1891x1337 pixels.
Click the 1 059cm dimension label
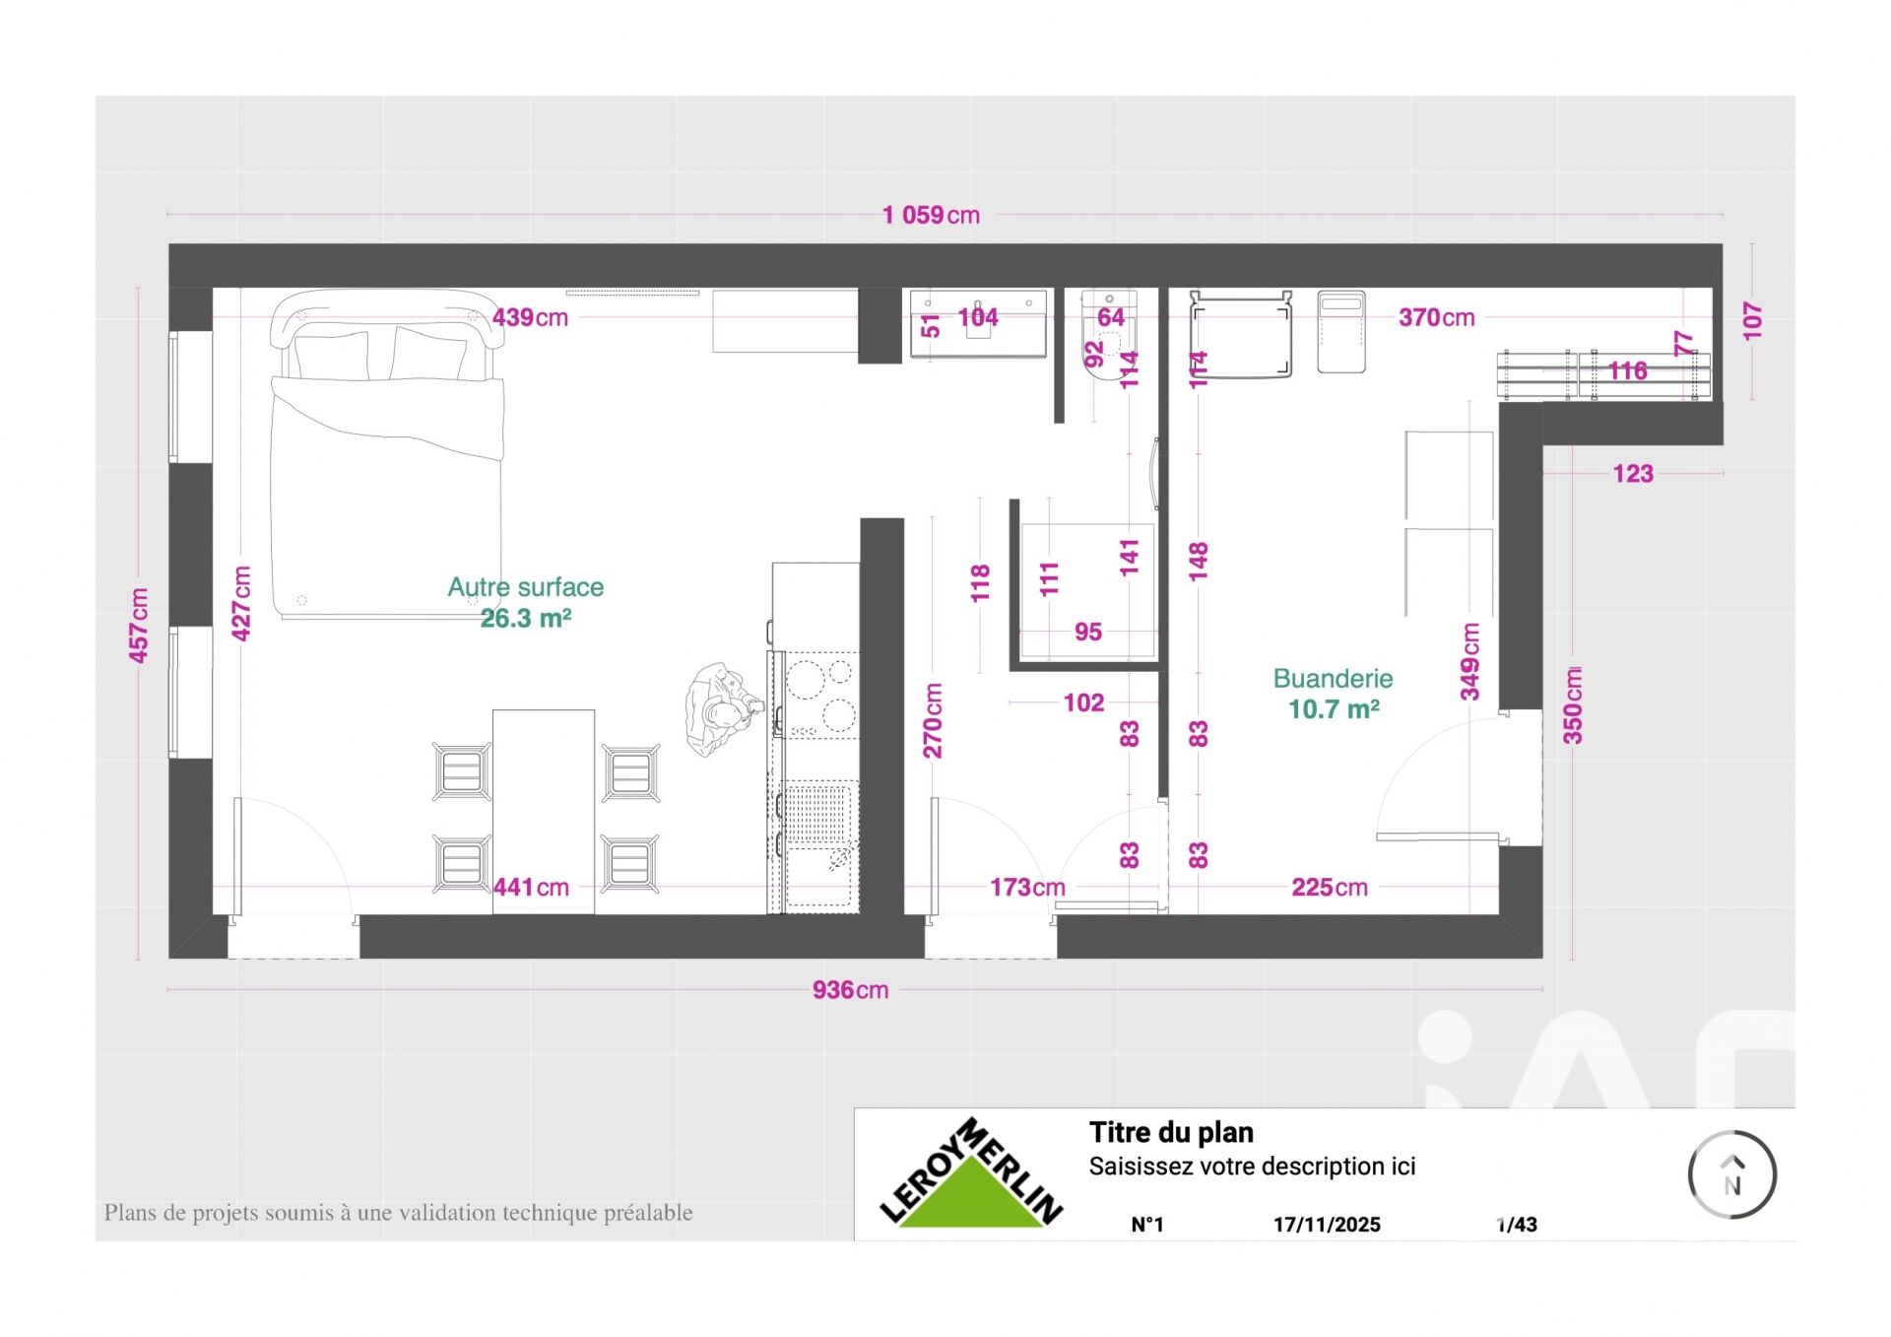click(931, 215)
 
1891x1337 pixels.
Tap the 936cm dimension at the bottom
click(850, 989)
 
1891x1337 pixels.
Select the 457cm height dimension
click(139, 625)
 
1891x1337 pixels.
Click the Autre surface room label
click(526, 587)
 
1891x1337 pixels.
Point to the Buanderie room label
click(1333, 678)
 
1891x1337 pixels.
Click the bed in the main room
click(387, 453)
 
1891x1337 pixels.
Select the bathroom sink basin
click(978, 322)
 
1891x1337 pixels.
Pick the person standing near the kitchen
click(723, 708)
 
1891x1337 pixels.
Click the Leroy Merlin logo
click(971, 1172)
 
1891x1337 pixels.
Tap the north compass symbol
click(1731, 1174)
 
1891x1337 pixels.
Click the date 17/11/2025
click(1327, 1225)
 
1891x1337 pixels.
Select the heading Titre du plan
click(1171, 1132)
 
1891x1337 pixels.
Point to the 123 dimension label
click(1633, 474)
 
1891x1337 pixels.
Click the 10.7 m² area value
click(1334, 708)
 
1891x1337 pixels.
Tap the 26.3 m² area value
click(526, 618)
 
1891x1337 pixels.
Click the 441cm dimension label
click(531, 887)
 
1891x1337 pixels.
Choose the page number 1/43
click(1517, 1225)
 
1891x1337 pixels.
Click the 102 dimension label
click(1083, 702)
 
